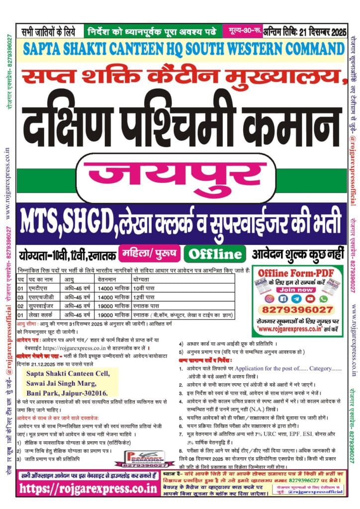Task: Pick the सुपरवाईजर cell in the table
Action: pyautogui.click(x=42, y=306)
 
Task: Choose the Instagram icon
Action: pyautogui.click(x=270, y=299)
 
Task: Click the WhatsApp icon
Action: pyautogui.click(x=324, y=299)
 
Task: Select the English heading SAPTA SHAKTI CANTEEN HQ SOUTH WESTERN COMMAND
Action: pyautogui.click(x=180, y=49)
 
